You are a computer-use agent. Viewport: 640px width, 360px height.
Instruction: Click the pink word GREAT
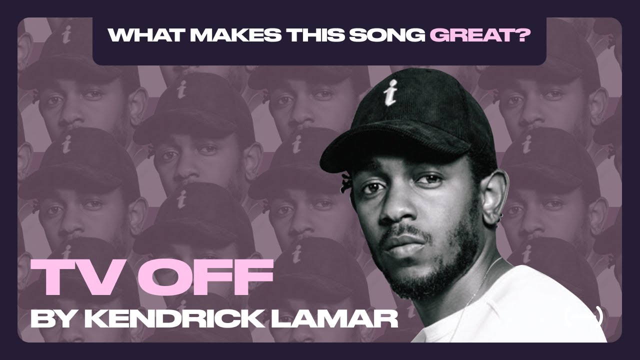[468, 35]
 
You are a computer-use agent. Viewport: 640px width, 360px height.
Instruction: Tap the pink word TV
[73, 278]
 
